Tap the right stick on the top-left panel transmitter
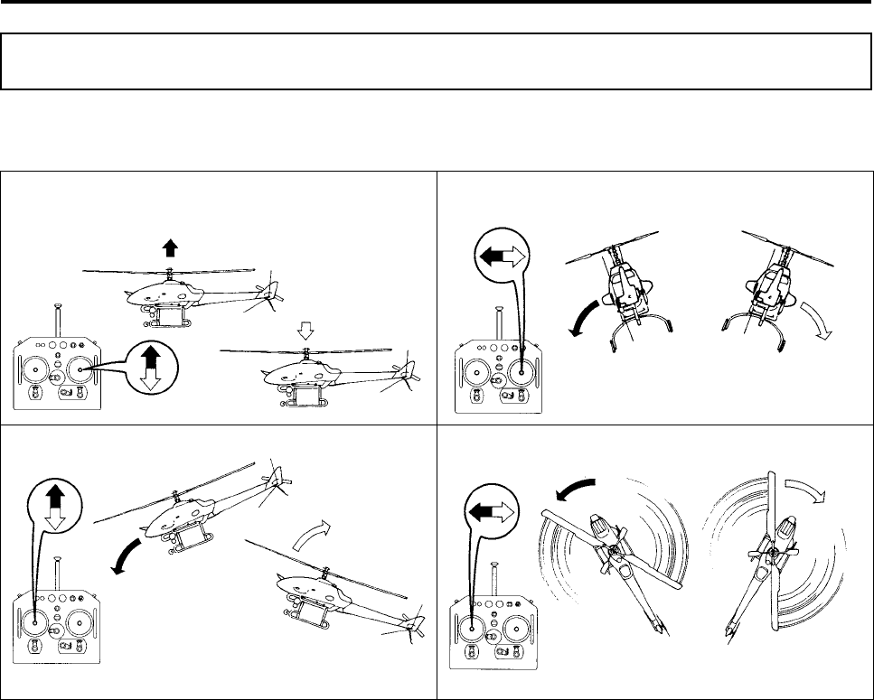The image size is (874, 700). tap(81, 368)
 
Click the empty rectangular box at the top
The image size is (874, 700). tap(437, 61)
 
